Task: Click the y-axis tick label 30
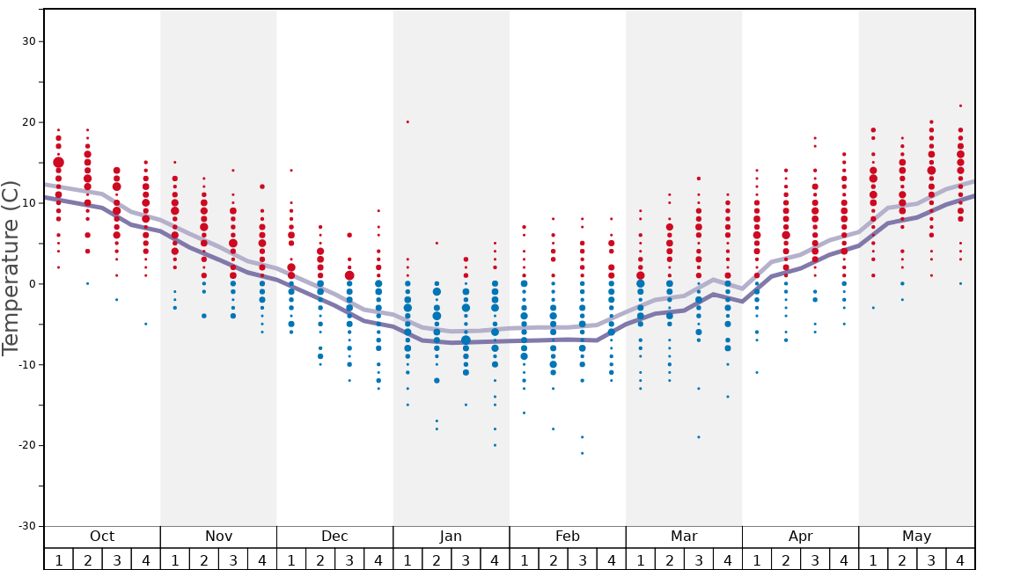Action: point(27,41)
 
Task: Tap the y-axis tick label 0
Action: point(31,284)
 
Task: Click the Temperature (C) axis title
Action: point(11,267)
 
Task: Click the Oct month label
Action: point(102,537)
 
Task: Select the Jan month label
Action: point(451,537)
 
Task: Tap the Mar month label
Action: point(684,537)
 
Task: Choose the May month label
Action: point(916,537)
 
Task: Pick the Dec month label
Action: point(334,537)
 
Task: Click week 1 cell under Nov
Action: point(175,559)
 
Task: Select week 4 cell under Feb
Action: point(611,559)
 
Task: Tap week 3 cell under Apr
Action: point(815,559)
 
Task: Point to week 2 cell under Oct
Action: point(87,559)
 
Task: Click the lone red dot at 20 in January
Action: point(408,121)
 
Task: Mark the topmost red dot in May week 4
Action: point(960,106)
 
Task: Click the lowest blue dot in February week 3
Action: point(582,453)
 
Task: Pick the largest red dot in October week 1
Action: point(58,163)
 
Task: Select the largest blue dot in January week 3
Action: point(466,340)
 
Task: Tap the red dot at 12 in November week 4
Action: point(262,186)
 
